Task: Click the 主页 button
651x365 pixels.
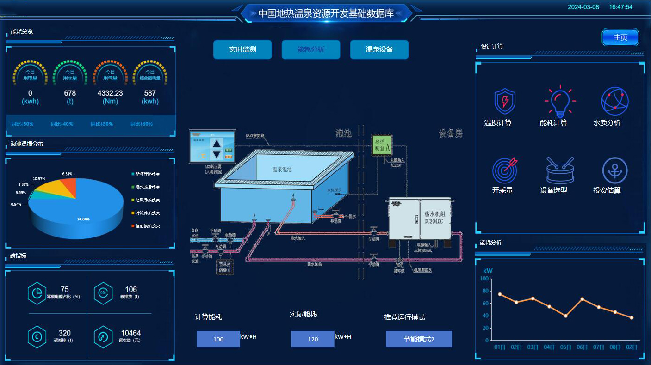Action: [x=620, y=37]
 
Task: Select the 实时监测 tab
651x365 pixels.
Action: [x=242, y=49]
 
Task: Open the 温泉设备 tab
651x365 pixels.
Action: [x=379, y=49]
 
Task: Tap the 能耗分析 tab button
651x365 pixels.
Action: [x=311, y=49]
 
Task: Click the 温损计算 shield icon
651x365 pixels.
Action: [x=505, y=101]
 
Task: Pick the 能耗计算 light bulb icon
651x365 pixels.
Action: [x=560, y=101]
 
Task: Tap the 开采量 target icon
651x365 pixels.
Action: [x=504, y=170]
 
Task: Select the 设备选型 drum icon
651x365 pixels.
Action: [x=560, y=170]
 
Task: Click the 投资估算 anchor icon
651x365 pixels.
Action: [x=615, y=170]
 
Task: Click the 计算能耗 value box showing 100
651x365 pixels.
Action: [x=218, y=339]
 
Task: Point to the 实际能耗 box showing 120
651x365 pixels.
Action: [x=313, y=339]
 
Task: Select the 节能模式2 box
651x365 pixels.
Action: [x=419, y=339]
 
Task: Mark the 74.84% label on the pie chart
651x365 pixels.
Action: [x=83, y=219]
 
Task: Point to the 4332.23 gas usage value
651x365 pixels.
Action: [x=110, y=93]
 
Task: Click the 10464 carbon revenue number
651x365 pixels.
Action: [x=131, y=333]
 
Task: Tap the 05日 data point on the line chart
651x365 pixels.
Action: [x=565, y=316]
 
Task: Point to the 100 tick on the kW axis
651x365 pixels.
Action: [x=485, y=279]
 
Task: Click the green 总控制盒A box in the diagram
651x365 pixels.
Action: [x=383, y=145]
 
